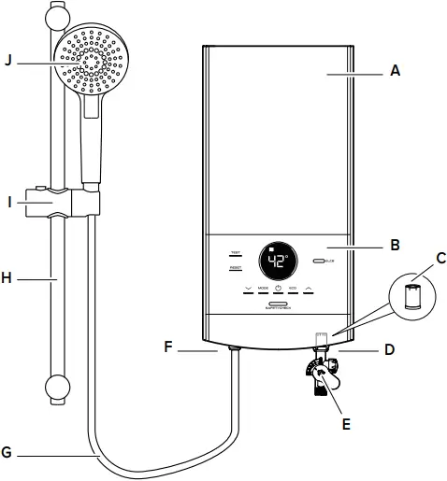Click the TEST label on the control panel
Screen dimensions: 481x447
pyautogui.click(x=235, y=253)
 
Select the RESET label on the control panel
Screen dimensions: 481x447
pyautogui.click(x=236, y=268)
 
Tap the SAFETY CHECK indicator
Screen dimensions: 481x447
pyautogui.click(x=279, y=304)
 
